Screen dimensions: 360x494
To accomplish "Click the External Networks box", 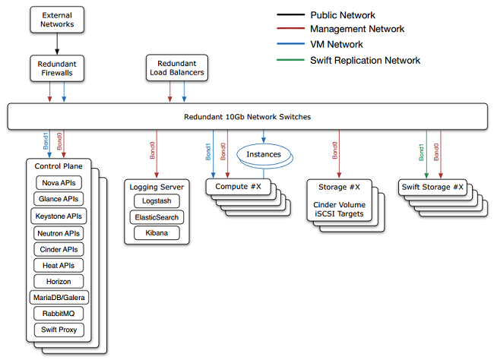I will point(57,19).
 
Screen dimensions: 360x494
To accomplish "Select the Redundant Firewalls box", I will point(57,68).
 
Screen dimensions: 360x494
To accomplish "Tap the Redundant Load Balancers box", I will point(176,68).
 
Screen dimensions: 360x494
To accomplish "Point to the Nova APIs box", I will point(59,182).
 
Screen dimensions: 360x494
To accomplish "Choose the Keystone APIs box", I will point(59,216).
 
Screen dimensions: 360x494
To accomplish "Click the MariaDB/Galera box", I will point(59,297).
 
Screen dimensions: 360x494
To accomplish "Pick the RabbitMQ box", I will point(59,313).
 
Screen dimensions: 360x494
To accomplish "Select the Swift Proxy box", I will point(59,330).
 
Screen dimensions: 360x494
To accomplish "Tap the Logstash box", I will point(157,201).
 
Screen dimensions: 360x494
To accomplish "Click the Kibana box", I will point(157,233).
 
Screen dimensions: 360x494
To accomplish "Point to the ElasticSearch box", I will point(157,217).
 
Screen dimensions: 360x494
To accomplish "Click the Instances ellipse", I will point(263,154).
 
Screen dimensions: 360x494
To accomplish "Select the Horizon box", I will point(59,281).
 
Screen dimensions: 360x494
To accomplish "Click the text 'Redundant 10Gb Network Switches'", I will point(247,117).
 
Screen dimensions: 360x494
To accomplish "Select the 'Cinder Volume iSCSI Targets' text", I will point(338,209).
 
